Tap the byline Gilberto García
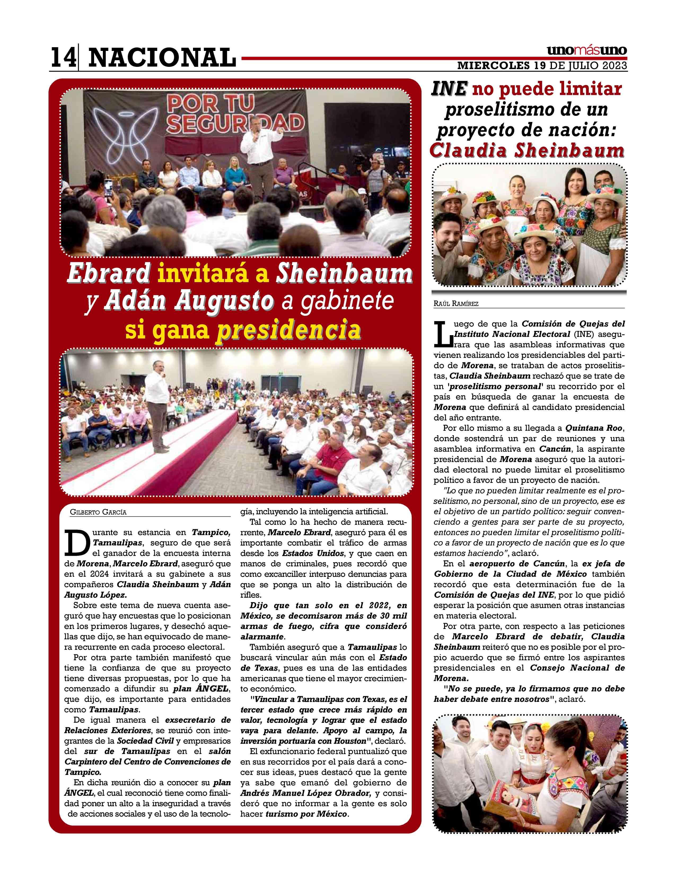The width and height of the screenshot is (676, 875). click(x=98, y=512)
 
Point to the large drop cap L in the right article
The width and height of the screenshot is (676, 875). click(x=442, y=333)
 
